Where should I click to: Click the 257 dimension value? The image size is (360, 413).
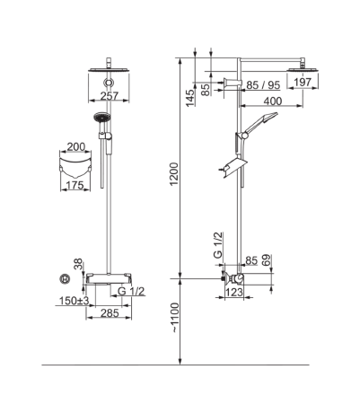click(110, 96)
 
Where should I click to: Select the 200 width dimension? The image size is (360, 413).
click(76, 147)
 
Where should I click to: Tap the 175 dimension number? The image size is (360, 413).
click(75, 185)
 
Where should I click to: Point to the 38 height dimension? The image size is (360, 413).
click(79, 265)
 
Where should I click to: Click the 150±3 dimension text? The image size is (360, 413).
click(74, 301)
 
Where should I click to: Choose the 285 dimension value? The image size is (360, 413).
click(110, 313)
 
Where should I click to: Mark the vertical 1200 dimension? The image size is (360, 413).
click(174, 174)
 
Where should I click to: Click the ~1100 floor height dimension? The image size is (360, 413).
click(175, 318)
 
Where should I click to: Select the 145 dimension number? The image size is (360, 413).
click(190, 98)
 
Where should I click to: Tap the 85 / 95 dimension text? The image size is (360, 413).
click(263, 85)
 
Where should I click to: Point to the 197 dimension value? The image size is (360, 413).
click(303, 82)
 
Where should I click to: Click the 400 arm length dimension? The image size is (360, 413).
click(273, 101)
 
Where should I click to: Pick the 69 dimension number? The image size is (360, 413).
click(267, 260)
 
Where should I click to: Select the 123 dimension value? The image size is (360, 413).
click(233, 292)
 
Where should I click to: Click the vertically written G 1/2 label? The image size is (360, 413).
click(218, 245)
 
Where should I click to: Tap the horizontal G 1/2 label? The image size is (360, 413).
click(131, 291)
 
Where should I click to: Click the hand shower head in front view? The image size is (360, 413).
click(102, 117)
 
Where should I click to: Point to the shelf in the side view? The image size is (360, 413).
click(236, 168)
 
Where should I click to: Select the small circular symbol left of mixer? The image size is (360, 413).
click(65, 279)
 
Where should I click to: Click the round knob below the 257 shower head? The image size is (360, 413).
click(109, 83)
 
